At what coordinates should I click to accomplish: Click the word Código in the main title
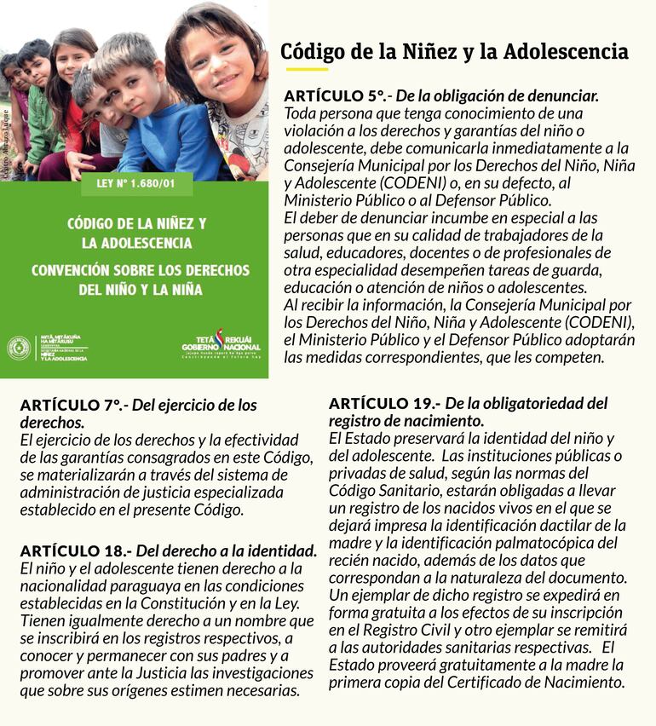click(x=311, y=52)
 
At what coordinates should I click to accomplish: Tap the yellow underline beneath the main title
click(x=307, y=70)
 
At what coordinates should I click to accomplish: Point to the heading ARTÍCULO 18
click(x=75, y=550)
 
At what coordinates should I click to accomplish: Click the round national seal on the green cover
click(x=18, y=348)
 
